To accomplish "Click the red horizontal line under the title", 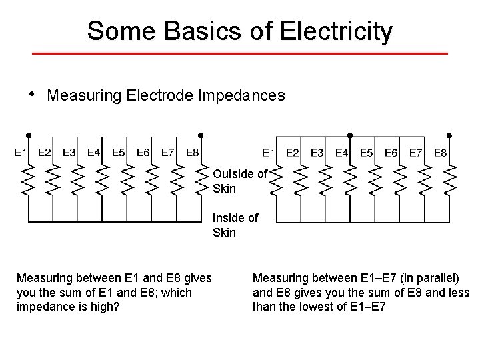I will (x=240, y=53).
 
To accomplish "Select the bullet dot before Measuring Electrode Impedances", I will (x=31, y=93).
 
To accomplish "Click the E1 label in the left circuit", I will (x=21, y=153).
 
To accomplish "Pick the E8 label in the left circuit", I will (x=192, y=153).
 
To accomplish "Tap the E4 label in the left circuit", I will (x=94, y=153).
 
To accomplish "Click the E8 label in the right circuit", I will (x=441, y=153).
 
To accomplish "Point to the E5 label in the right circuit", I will (x=367, y=153).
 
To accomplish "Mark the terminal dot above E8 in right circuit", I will (x=449, y=135).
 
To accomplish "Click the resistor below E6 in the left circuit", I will (x=151, y=180).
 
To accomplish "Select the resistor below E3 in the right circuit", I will (x=326, y=180).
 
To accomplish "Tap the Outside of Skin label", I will (x=239, y=181).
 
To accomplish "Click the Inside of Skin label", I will (x=235, y=225).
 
